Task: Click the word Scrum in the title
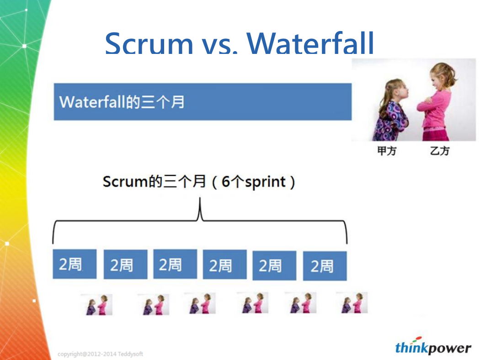click(149, 43)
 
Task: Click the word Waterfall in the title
click(310, 43)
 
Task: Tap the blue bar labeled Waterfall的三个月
click(203, 101)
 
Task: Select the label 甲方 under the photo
click(387, 151)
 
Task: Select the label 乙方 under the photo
click(440, 151)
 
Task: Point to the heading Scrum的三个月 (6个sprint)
click(199, 182)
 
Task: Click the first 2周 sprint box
click(75, 264)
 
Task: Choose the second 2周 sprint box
click(126, 264)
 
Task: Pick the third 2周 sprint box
click(175, 264)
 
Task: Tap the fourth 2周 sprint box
click(225, 265)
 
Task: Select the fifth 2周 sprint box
click(274, 265)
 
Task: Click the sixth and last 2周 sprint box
click(325, 266)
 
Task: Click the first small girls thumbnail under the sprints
click(97, 305)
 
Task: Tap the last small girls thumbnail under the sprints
click(352, 303)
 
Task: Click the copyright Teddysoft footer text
click(100, 354)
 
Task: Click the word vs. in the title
click(219, 45)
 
